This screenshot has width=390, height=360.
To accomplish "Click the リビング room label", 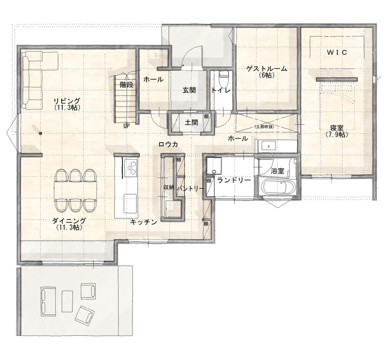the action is [x=67, y=101].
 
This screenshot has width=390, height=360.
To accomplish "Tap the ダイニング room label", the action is [x=69, y=221].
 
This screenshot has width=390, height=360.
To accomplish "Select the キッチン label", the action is [x=144, y=222].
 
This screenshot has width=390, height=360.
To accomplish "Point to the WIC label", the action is [x=337, y=52].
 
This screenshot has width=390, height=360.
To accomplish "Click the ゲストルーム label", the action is [x=266, y=69].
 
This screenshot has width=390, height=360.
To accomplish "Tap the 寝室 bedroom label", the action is [x=337, y=128].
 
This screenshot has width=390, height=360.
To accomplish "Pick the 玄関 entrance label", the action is [x=189, y=90].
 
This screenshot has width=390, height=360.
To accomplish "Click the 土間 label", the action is [x=191, y=122].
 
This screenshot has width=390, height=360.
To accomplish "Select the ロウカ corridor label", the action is [x=168, y=144].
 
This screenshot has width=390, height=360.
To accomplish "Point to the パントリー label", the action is [x=191, y=189].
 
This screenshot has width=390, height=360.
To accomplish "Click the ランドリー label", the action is [x=234, y=180].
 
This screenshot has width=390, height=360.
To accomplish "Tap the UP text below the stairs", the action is [x=127, y=126].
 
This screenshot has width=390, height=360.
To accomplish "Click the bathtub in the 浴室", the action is [x=279, y=187].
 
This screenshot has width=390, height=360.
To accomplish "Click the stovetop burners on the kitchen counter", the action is [x=131, y=167].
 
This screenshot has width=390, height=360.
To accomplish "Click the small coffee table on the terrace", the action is [x=67, y=301].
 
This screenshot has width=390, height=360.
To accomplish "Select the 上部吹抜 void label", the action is [x=264, y=126].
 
